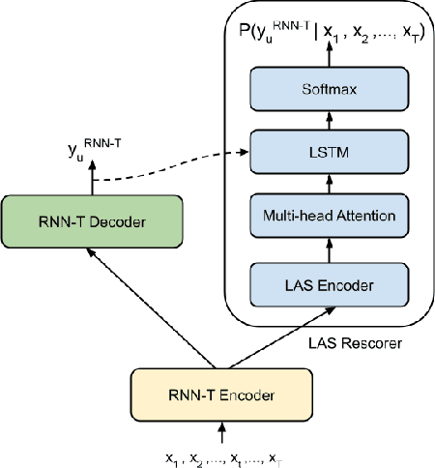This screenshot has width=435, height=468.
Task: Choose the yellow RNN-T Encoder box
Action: point(223,395)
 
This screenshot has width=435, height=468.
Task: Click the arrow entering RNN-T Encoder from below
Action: point(223,430)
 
